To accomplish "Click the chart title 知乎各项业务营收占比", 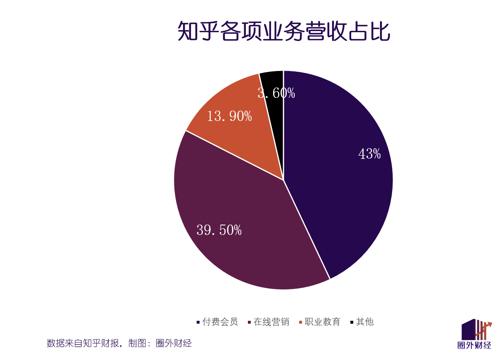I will (284, 31).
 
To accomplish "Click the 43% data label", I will (369, 154).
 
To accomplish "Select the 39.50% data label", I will (219, 230).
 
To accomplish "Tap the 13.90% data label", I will (229, 116).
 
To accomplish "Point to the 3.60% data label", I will (276, 93).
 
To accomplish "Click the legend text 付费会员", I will (220, 322).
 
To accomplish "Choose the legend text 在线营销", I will (271, 322).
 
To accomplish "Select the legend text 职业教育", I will (323, 322).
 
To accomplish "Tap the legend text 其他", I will (365, 322).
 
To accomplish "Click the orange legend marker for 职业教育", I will (300, 322).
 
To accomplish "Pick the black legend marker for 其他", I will (352, 322).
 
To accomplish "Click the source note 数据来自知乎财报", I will (83, 343).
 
